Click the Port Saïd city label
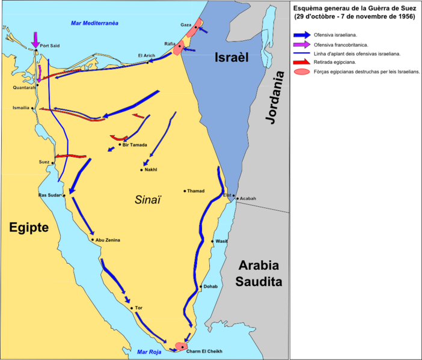point(49,46)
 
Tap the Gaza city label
point(185,25)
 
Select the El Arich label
point(147,56)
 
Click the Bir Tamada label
point(133,145)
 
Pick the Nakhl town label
point(151,170)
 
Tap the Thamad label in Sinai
point(195,191)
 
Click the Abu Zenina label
point(108,240)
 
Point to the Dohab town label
point(211,287)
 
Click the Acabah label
point(248,198)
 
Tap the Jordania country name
point(277,97)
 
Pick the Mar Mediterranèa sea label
point(94,22)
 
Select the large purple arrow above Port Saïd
point(36,38)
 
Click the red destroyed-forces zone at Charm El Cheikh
point(180,347)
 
